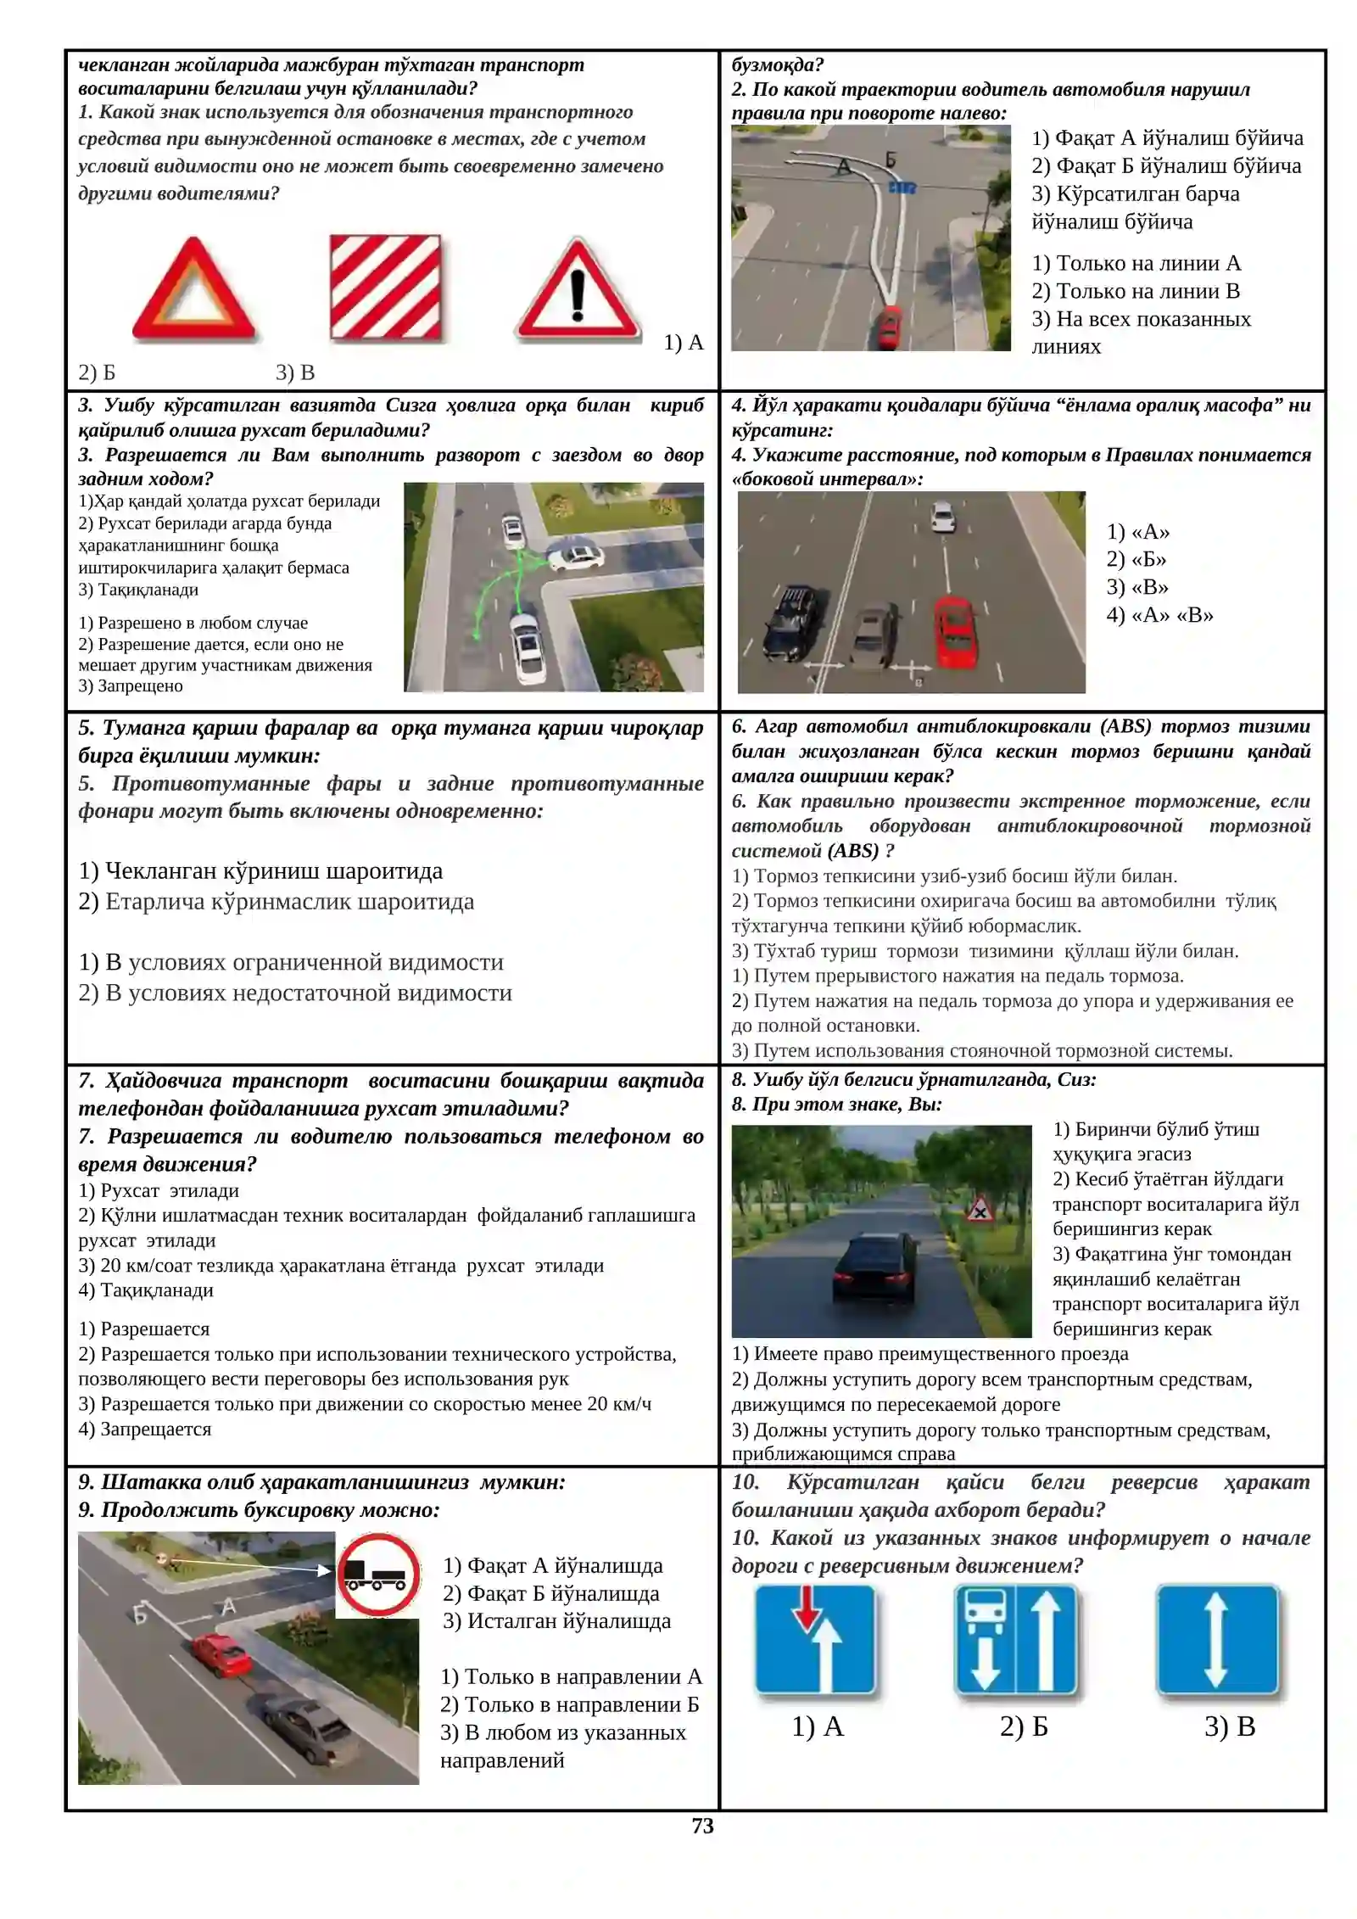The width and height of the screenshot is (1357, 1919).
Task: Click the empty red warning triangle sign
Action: click(x=193, y=290)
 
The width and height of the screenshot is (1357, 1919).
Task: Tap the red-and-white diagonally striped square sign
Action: click(x=386, y=288)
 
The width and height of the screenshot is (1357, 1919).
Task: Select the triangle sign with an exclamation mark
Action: click(x=578, y=290)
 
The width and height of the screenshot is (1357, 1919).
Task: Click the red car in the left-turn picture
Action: click(x=888, y=327)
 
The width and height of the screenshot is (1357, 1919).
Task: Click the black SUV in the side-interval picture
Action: click(x=790, y=622)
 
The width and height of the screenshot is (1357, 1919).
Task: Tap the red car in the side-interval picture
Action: click(x=955, y=631)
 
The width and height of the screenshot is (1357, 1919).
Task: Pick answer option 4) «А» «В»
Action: click(x=1159, y=615)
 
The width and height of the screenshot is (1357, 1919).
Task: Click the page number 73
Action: click(x=702, y=1826)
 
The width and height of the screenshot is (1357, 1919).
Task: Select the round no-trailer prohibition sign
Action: click(x=378, y=1575)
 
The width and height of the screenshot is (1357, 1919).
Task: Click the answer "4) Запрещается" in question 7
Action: click(x=144, y=1429)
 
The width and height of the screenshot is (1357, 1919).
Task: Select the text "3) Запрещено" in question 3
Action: click(x=131, y=685)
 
